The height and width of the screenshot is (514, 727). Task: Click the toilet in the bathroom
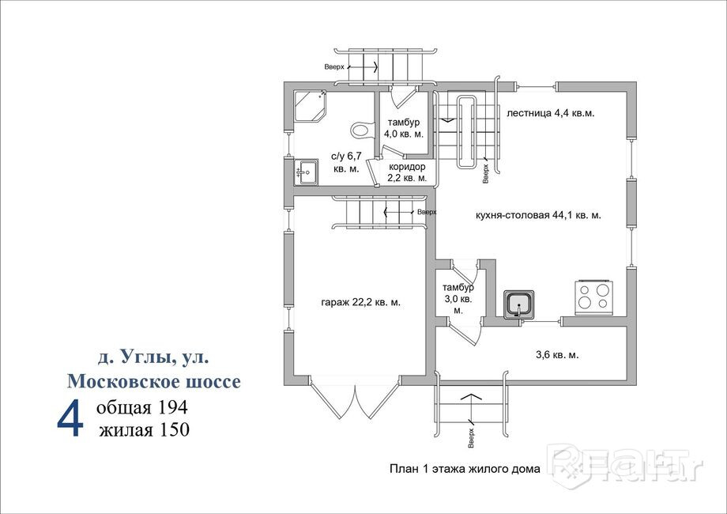pyautogui.click(x=361, y=128)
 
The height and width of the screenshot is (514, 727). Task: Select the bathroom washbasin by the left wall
pyautogui.click(x=305, y=171)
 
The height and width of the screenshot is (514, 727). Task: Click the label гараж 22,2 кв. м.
pyautogui.click(x=360, y=301)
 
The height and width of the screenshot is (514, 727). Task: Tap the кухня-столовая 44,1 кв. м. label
pyautogui.click(x=538, y=214)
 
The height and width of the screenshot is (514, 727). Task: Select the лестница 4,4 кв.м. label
pyautogui.click(x=550, y=113)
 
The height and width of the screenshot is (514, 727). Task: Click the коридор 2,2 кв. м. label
pyautogui.click(x=407, y=172)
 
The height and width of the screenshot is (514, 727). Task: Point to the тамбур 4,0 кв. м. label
pyautogui.click(x=403, y=127)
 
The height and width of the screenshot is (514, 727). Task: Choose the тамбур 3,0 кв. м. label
pyautogui.click(x=458, y=299)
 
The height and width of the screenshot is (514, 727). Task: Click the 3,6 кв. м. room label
pyautogui.click(x=557, y=355)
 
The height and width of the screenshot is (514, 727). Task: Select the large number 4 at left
pyautogui.click(x=70, y=418)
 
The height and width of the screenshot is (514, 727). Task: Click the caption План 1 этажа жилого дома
pyautogui.click(x=465, y=468)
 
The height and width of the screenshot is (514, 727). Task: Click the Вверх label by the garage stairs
pyautogui.click(x=427, y=212)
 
